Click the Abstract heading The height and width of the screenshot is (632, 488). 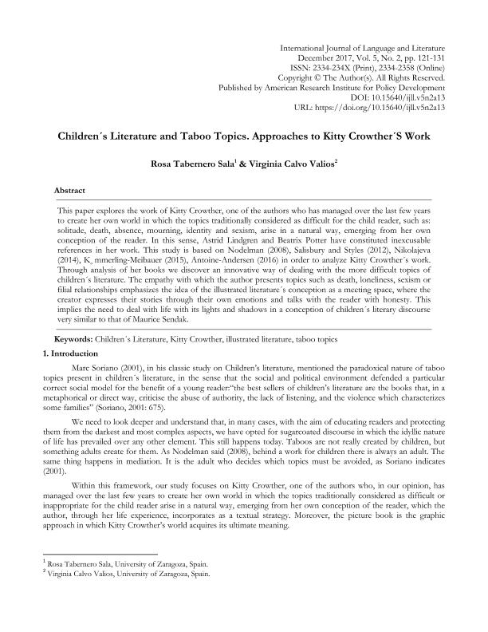tap(69, 192)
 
